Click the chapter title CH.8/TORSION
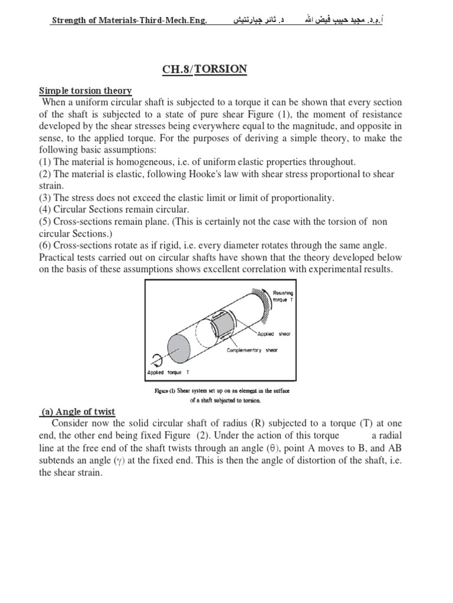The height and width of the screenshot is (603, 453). (x=205, y=70)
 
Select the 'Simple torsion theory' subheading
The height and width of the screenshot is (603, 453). (x=86, y=91)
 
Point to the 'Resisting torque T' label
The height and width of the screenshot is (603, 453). (x=283, y=296)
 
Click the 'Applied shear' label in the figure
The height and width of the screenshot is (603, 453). (x=275, y=334)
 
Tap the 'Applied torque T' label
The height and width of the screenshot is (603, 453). (x=168, y=373)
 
